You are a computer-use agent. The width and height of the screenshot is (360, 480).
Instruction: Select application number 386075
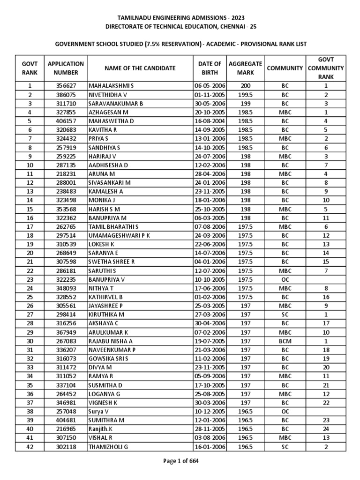tap(66, 95)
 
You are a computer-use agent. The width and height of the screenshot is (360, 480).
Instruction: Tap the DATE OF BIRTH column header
tap(210, 68)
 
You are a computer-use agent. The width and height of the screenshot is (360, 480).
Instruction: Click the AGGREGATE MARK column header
tap(246, 68)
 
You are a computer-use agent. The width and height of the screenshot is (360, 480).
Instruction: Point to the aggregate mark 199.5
tap(246, 95)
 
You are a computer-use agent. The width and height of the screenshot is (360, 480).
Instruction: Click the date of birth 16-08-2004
tap(210, 121)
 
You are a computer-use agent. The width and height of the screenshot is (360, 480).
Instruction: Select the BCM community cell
tap(285, 342)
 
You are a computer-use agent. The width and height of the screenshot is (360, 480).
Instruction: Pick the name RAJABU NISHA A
tap(111, 342)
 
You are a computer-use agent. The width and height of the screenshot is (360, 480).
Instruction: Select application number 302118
tap(66, 447)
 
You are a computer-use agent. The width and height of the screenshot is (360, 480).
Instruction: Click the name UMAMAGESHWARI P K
tap(119, 236)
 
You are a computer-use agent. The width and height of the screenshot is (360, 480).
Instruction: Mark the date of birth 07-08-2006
tap(210, 227)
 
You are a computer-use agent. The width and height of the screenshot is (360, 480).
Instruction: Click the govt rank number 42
tap(30, 447)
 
